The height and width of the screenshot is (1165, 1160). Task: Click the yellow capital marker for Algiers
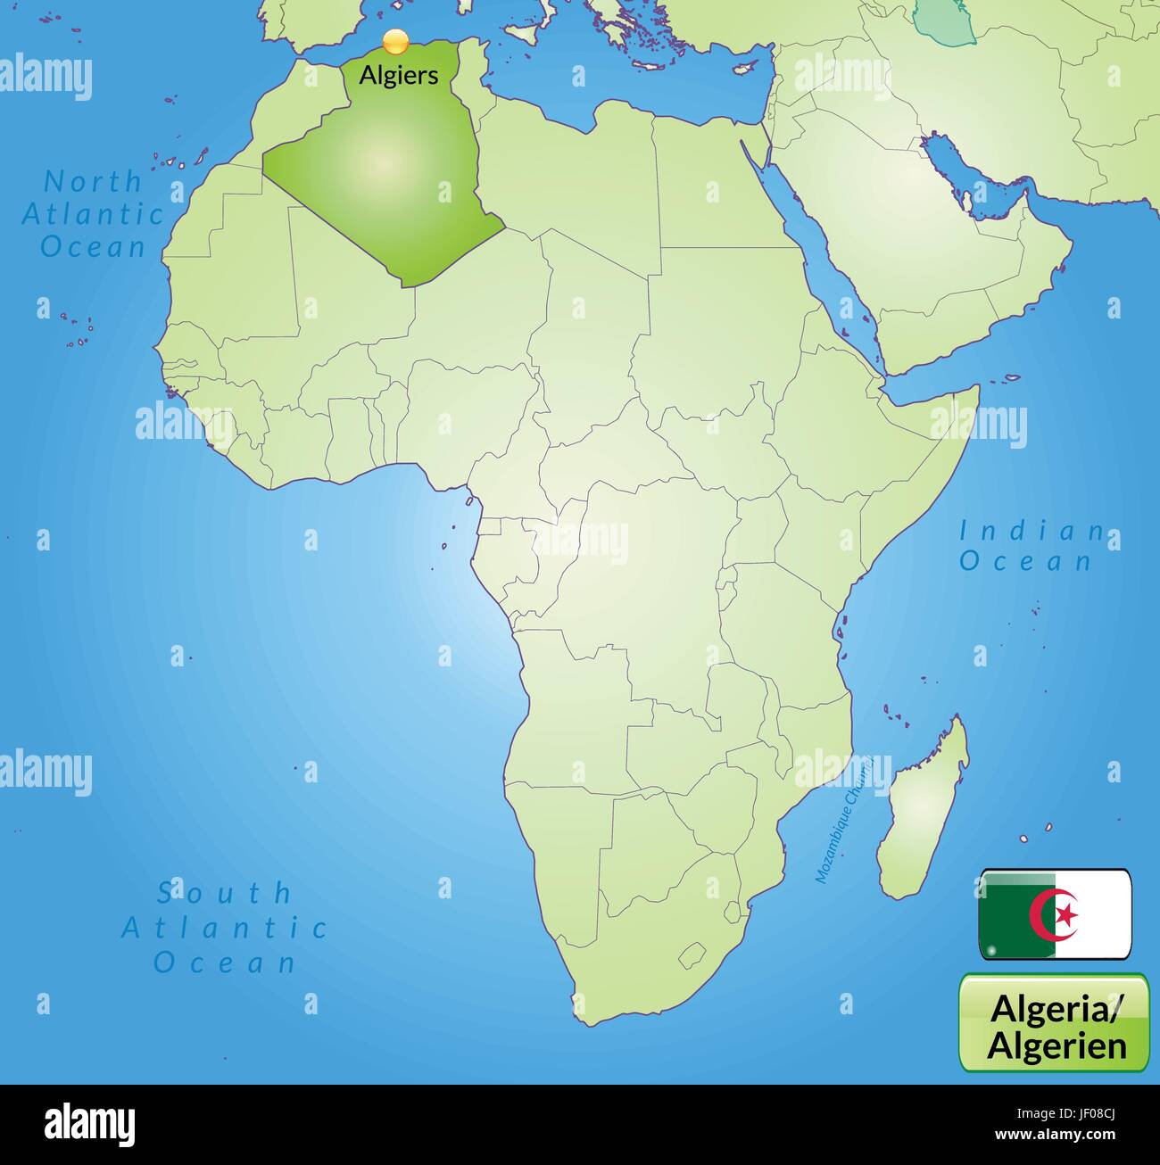click(x=395, y=42)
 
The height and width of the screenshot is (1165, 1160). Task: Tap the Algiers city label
click(x=398, y=75)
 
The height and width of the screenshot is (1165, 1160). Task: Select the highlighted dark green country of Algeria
click(x=384, y=178)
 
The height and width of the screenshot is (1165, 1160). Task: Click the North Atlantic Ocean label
click(x=94, y=214)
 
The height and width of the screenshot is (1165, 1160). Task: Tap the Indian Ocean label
click(x=1030, y=546)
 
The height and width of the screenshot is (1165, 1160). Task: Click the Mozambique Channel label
click(x=841, y=819)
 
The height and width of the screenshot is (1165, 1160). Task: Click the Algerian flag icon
click(x=1055, y=913)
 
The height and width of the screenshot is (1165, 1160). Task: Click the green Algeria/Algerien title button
click(x=1054, y=1022)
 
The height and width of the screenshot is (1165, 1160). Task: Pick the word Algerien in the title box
click(x=1056, y=1045)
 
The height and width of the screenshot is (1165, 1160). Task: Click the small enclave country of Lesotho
click(x=693, y=957)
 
